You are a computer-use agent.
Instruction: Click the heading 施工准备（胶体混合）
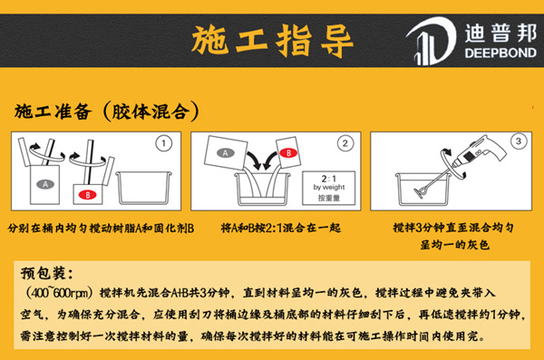[108, 112]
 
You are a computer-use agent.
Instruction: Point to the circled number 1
[162, 142]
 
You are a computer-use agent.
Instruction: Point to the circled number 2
[344, 142]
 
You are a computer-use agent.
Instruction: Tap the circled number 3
[518, 141]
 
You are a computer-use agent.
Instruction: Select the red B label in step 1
[84, 194]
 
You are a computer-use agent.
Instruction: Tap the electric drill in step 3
[476, 160]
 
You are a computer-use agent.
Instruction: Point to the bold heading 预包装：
[50, 272]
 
